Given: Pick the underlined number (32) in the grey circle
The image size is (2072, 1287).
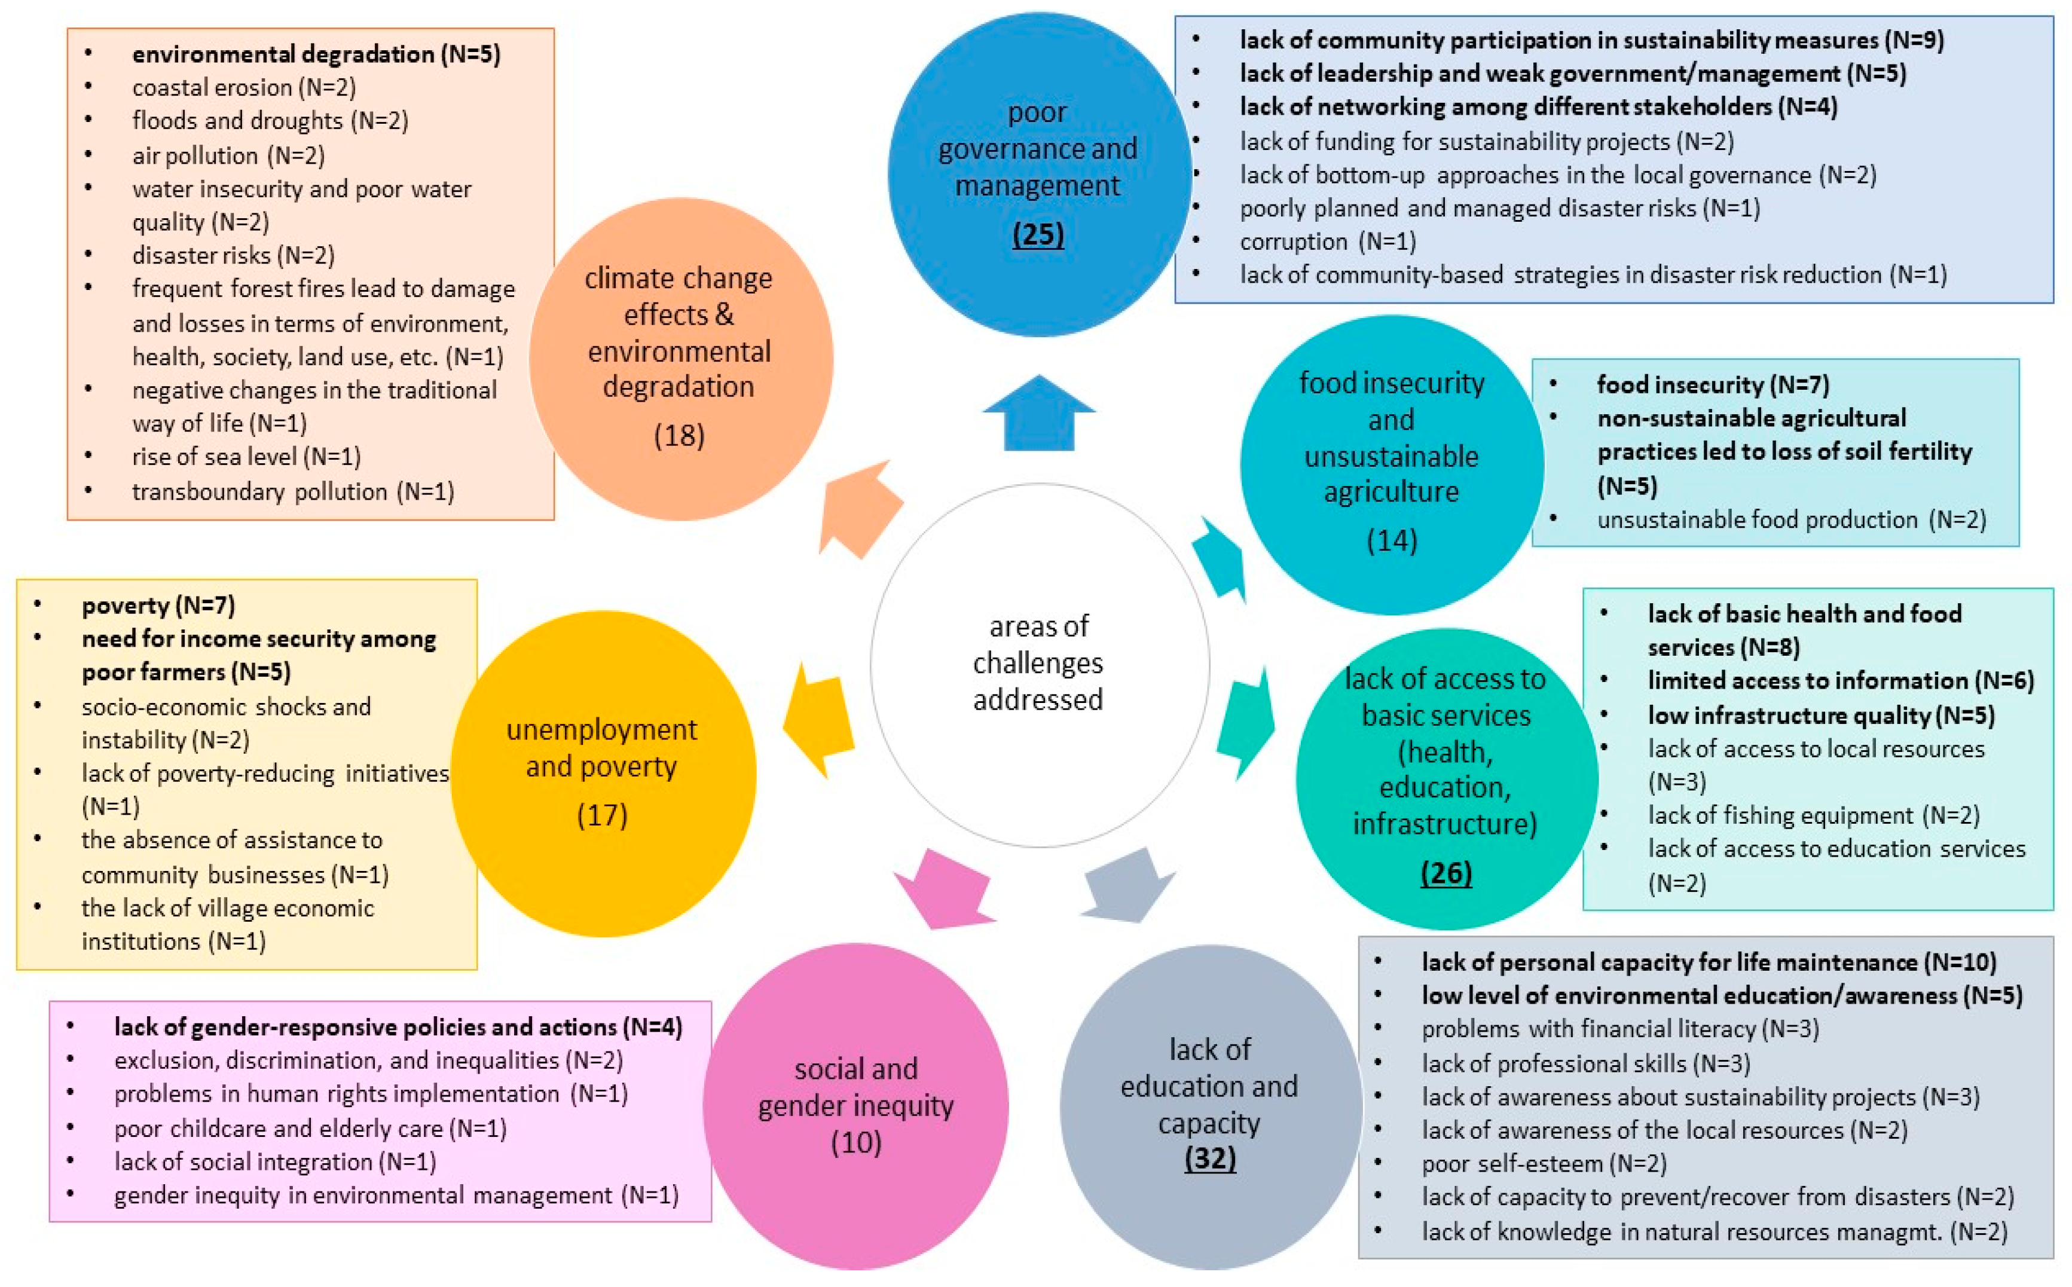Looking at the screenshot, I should click(x=1209, y=1158).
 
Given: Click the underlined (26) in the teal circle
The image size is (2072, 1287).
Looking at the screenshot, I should click(x=1445, y=873).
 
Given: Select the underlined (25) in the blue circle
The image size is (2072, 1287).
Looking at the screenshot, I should click(x=1038, y=234).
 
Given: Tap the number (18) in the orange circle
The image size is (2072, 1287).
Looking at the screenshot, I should click(x=679, y=436).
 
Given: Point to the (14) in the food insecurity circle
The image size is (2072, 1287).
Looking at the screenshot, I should click(x=1391, y=540).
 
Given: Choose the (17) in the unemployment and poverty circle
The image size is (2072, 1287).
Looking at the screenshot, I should click(x=602, y=815).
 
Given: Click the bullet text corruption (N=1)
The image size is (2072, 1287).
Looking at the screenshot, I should click(x=1327, y=241).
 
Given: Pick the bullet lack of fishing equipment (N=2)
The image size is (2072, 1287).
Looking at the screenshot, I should click(x=1813, y=815).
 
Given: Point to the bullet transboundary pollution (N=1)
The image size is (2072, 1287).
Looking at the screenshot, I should click(x=293, y=492).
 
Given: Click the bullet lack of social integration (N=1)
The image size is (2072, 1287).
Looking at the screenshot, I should click(x=275, y=1162).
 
